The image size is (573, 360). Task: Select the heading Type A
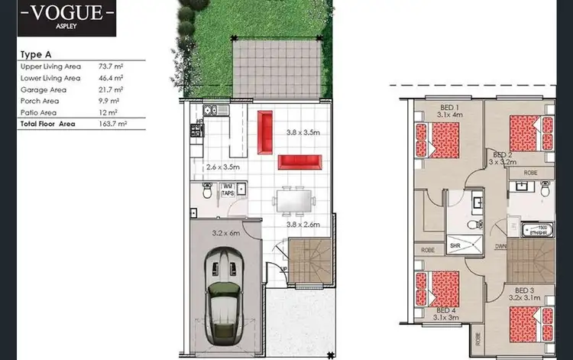tap(36, 55)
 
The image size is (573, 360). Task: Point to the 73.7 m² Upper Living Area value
tap(111, 66)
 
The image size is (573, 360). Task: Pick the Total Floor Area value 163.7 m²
tap(112, 122)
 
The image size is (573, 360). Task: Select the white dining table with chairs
tap(295, 200)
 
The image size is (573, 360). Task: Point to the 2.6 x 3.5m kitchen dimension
tap(223, 166)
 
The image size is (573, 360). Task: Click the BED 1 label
tap(450, 106)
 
